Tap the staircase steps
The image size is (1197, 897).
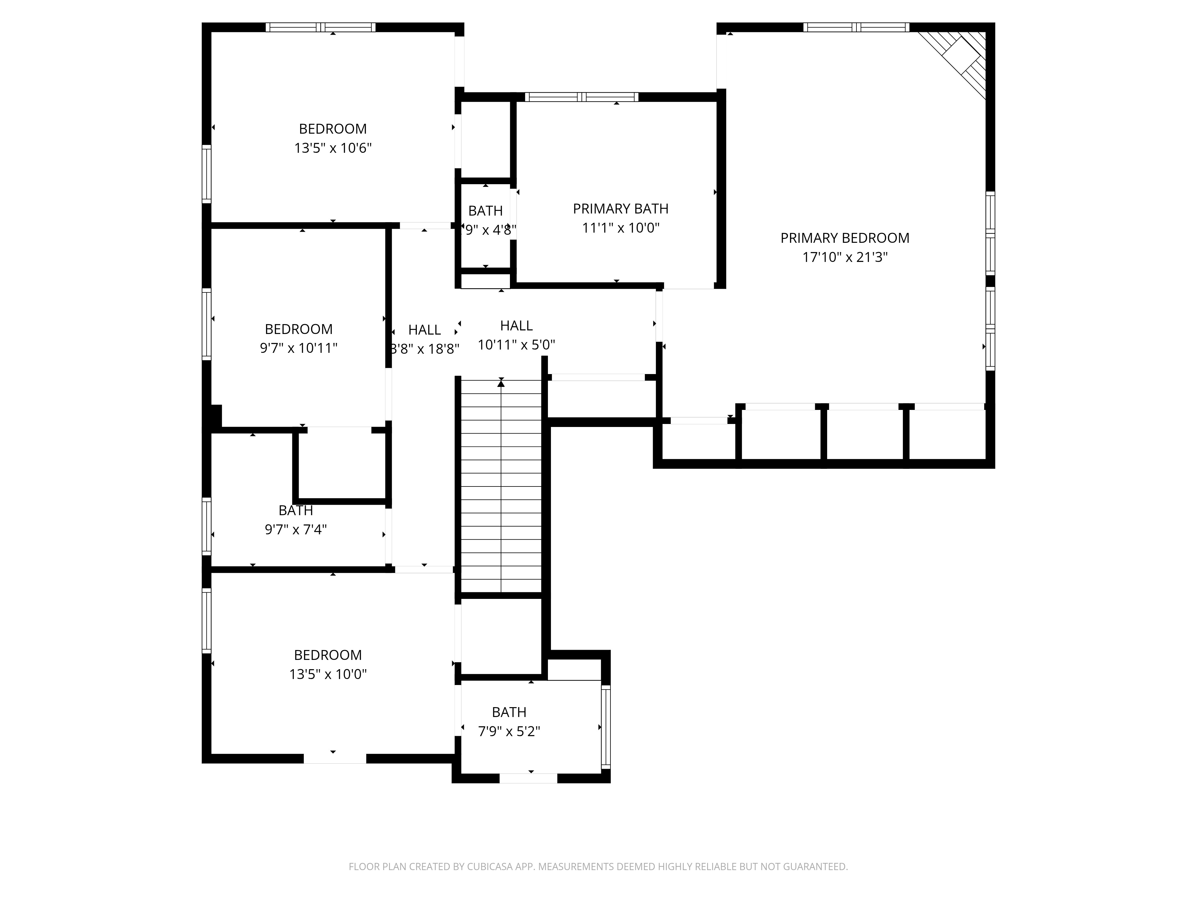tap(501, 486)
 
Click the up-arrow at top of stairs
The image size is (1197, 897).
tap(501, 383)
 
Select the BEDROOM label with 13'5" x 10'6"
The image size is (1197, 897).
tap(333, 129)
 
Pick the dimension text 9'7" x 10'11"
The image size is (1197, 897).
tap(299, 348)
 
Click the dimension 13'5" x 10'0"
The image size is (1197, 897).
tap(328, 674)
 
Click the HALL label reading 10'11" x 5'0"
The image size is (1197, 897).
tap(516, 326)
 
